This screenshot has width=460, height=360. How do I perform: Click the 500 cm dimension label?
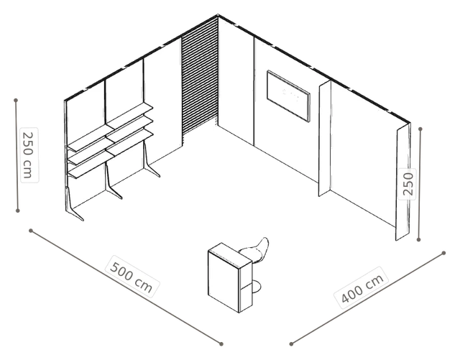click(x=132, y=277)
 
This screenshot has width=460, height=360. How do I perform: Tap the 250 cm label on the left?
click(x=29, y=155)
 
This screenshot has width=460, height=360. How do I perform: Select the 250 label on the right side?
click(x=408, y=184)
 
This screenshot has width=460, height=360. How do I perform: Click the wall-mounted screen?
click(x=288, y=96)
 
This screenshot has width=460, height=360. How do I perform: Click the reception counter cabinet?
click(x=230, y=277)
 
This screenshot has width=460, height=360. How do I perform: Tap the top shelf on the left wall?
click(x=111, y=126)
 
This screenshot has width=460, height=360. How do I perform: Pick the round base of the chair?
click(x=256, y=287)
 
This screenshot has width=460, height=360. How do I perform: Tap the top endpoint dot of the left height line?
click(x=16, y=101)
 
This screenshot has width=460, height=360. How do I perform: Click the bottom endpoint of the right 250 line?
click(x=419, y=240)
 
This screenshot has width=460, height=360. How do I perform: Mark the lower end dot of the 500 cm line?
click(x=221, y=344)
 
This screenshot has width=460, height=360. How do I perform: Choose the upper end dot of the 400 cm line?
click(x=444, y=253)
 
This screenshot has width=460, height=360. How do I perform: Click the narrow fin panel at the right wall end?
click(x=402, y=182)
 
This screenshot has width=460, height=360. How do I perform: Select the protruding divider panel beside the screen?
click(x=325, y=139)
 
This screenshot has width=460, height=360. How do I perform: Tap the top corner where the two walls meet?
click(x=218, y=14)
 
